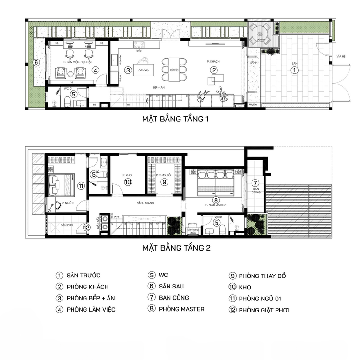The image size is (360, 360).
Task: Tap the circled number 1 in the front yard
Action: pyautogui.click(x=295, y=70)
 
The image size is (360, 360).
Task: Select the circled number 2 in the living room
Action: pyautogui.click(x=213, y=70)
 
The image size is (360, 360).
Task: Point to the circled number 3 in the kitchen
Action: pyautogui.click(x=128, y=70)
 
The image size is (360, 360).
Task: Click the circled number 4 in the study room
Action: pyautogui.click(x=96, y=70)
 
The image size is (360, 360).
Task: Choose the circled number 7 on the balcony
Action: pyautogui.click(x=255, y=183)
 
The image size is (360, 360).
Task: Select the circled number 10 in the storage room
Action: pyautogui.click(x=128, y=182)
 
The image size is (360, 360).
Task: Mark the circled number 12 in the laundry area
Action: pyautogui.click(x=86, y=228)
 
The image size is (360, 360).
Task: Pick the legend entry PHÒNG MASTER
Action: pyautogui.click(x=181, y=309)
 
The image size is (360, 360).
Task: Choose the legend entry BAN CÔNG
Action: pyautogui.click(x=174, y=298)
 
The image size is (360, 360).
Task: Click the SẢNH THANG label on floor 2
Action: pyautogui.click(x=144, y=203)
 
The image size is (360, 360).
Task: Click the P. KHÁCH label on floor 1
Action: pyautogui.click(x=213, y=62)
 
